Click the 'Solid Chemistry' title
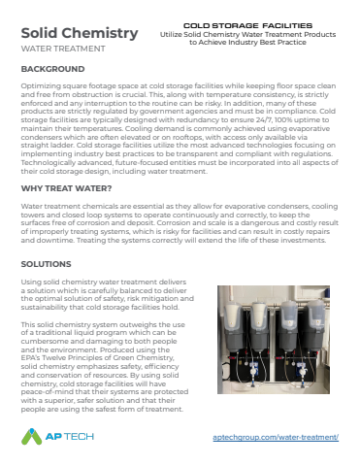point(79,34)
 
